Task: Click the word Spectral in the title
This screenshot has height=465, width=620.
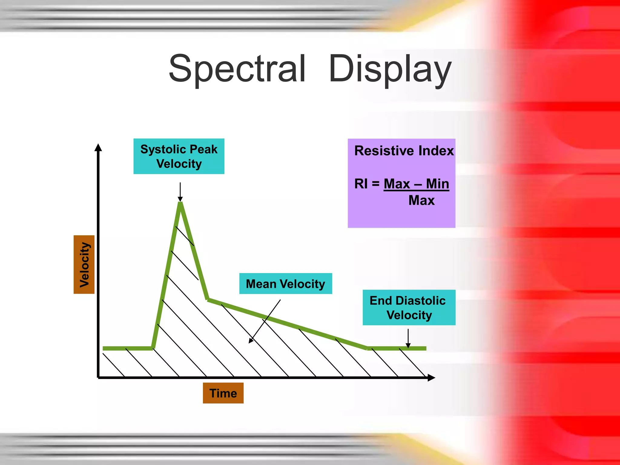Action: (237, 69)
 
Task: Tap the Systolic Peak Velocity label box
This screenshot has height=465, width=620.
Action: (179, 156)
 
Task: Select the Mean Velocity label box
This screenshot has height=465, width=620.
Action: (285, 284)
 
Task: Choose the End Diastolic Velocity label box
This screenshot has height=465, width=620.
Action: (409, 308)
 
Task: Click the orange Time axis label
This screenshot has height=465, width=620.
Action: (223, 393)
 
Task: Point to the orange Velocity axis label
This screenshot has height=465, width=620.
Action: (84, 264)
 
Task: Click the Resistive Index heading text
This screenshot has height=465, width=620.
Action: (404, 151)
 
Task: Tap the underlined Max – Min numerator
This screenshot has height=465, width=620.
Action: (416, 184)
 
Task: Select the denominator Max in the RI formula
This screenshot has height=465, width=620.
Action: (421, 200)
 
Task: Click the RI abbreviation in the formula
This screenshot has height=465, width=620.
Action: (361, 184)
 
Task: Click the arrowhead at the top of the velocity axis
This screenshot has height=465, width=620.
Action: (98, 147)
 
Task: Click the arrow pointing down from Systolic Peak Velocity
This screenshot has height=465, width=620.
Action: (180, 192)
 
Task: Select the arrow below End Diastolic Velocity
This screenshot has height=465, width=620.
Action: (408, 338)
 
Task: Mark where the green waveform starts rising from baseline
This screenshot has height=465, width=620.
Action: (153, 348)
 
